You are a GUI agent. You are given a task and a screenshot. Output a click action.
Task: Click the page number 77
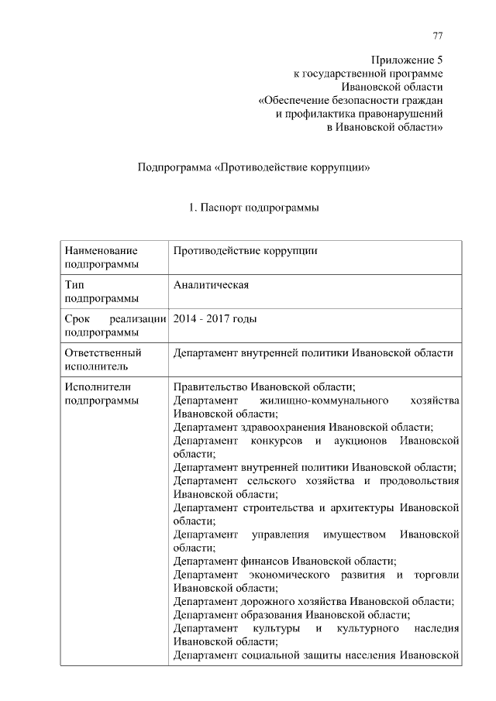tap(438, 36)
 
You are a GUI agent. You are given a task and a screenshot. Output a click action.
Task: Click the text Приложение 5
tap(407, 60)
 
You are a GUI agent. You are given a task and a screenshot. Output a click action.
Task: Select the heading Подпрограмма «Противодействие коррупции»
tap(252, 167)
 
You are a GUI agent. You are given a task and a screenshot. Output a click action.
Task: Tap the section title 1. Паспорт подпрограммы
tap(254, 208)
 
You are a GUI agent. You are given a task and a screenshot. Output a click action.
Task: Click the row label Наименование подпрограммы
tap(102, 257)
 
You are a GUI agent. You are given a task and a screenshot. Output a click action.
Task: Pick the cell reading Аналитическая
tap(211, 284)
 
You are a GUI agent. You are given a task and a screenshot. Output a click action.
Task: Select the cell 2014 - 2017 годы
tap(215, 318)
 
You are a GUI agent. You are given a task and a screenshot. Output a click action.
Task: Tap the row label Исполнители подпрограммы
tap(102, 393)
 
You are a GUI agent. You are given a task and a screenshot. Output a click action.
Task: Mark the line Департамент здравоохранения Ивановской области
tap(303, 427)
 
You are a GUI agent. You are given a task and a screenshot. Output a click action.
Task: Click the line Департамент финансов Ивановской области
tap(285, 560)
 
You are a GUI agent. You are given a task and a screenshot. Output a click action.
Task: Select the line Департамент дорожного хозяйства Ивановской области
tap(313, 601)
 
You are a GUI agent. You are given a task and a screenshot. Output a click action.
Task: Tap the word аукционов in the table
tap(359, 441)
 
